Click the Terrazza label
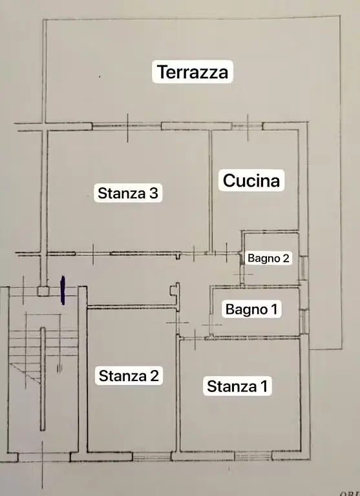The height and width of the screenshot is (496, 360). click(193, 72)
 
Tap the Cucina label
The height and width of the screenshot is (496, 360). click(251, 181)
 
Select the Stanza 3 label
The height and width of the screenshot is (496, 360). click(128, 193)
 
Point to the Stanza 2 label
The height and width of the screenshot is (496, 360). click(129, 376)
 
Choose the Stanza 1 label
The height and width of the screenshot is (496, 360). click(237, 386)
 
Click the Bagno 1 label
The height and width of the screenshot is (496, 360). click(251, 309)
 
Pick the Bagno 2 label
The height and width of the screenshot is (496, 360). click(268, 258)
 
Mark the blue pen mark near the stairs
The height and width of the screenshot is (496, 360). click(63, 290)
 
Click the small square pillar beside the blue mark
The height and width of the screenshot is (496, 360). click(43, 291)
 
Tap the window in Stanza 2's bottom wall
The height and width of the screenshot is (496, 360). click(152, 457)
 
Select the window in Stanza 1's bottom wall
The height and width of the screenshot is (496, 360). click(253, 456)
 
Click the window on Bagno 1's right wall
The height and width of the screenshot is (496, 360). click(304, 322)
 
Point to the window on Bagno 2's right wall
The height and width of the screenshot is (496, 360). click(304, 268)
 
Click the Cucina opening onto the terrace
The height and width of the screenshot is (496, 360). click(248, 127)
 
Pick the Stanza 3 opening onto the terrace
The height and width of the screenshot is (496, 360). click(127, 127)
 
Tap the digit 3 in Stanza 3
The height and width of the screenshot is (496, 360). click(154, 193)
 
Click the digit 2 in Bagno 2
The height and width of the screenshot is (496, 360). click(286, 258)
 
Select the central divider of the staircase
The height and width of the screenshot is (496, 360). click(43, 378)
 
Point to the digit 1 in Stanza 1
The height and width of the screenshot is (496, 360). click(264, 386)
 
